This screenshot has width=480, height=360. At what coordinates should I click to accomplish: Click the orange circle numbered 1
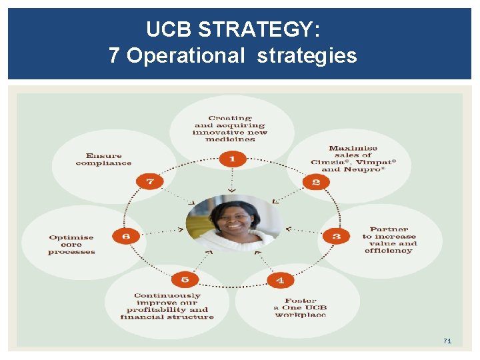[x=232, y=159]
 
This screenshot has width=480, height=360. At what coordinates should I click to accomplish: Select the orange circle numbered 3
[x=336, y=236]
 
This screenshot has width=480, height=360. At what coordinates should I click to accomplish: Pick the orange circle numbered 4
[x=280, y=280]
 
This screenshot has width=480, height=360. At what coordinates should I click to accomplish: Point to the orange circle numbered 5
[x=185, y=280]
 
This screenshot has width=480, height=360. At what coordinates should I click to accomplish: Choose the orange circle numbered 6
[x=125, y=236]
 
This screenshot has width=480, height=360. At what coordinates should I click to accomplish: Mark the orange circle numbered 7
[x=149, y=181]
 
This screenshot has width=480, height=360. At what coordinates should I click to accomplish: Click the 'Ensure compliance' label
[x=103, y=159]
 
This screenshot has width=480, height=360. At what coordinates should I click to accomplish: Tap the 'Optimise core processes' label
[x=72, y=245]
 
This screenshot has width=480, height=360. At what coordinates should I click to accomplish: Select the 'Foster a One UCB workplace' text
[x=300, y=308]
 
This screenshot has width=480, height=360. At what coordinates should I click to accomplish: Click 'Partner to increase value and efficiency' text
[x=390, y=240]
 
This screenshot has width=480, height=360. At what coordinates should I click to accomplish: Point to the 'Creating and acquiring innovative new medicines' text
[x=230, y=129]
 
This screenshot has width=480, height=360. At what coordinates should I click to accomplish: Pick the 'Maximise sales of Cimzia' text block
[x=353, y=159]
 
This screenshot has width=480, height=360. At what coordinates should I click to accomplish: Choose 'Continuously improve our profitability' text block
[x=167, y=306]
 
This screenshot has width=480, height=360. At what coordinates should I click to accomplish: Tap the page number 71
[x=447, y=341]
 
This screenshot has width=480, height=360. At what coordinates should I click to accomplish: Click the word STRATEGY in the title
[x=259, y=30]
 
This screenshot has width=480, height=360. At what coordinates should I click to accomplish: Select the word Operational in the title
[x=186, y=55]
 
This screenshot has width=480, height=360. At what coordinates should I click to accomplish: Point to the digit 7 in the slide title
[x=114, y=55]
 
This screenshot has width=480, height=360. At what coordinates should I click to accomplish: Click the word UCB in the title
[x=170, y=30]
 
